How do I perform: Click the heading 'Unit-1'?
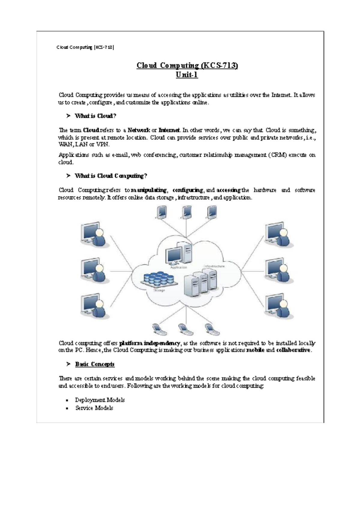pyautogui.click(x=187, y=75)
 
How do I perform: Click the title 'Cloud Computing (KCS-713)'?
pyautogui.click(x=187, y=65)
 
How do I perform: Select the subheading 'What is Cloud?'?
pyautogui.click(x=95, y=116)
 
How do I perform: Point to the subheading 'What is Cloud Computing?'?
pyautogui.click(x=111, y=176)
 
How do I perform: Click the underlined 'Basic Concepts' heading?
pyautogui.click(x=95, y=364)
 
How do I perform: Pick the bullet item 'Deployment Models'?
pyautogui.click(x=100, y=400)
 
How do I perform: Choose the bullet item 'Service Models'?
pyautogui.click(x=94, y=408)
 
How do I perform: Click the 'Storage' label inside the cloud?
pyautogui.click(x=159, y=290)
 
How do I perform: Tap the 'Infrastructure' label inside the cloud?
pyautogui.click(x=214, y=266)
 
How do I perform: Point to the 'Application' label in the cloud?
pyautogui.click(x=178, y=267)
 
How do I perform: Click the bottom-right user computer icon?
pyautogui.click(x=279, y=306)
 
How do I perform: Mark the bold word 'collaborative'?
pyautogui.click(x=293, y=350)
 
